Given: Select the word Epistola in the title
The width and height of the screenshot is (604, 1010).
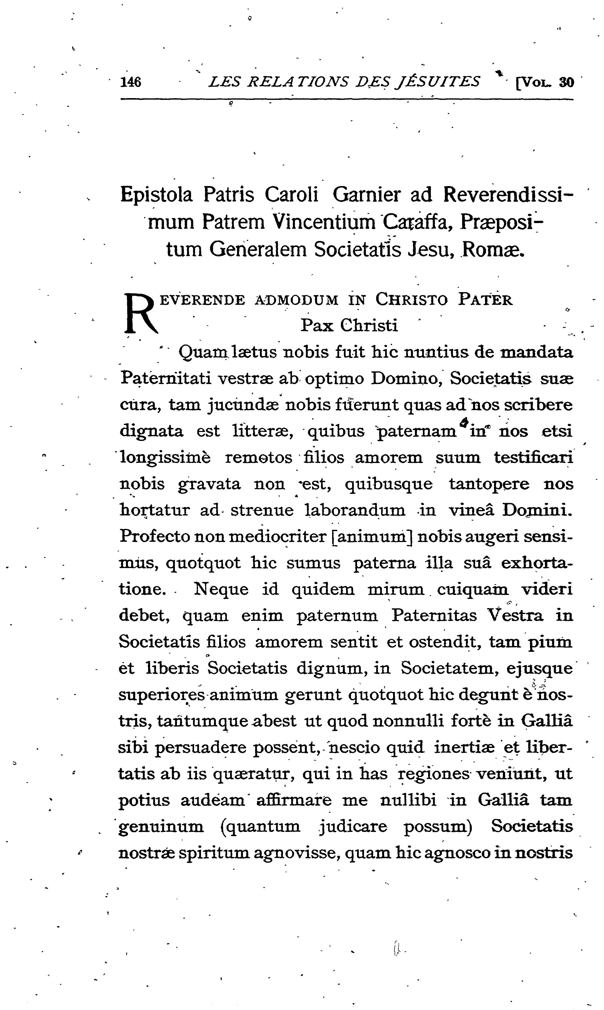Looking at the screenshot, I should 156,195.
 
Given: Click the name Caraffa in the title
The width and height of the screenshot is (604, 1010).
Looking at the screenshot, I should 417,222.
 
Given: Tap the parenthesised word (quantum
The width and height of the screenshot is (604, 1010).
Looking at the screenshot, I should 260,827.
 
